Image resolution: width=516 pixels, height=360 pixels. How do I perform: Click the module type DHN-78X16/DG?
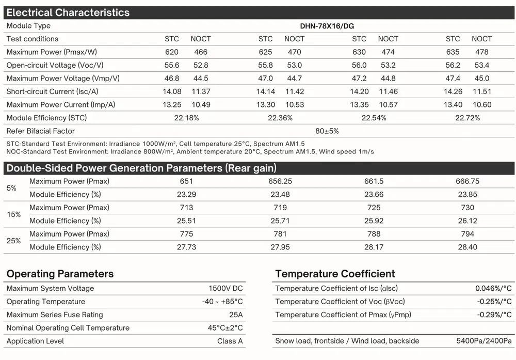[327, 26]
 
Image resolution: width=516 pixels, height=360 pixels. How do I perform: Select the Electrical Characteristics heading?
[68, 12]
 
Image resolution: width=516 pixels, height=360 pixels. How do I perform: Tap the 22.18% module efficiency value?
[186, 118]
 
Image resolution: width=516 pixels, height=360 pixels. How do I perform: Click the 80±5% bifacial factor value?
[327, 131]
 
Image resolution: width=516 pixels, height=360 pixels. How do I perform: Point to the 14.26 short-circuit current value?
[453, 91]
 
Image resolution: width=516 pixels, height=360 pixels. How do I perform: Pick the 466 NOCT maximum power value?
[201, 52]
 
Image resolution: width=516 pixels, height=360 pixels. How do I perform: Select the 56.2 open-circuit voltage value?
[453, 65]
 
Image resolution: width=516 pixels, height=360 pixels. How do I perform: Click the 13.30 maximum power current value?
[265, 105]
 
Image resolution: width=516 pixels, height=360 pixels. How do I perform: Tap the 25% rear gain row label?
[14, 241]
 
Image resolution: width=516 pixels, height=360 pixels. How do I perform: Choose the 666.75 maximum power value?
[467, 181]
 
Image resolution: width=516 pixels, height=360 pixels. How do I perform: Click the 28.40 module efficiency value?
[467, 247]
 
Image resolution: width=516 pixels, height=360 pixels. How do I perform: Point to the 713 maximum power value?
[186, 208]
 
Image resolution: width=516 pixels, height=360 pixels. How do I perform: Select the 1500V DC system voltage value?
[225, 289]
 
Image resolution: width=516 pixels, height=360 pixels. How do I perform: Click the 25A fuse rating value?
[236, 315]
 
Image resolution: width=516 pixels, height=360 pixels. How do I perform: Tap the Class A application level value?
[230, 341]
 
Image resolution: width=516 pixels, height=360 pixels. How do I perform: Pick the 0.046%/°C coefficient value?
[493, 289]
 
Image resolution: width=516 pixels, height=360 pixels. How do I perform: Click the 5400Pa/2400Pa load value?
[484, 341]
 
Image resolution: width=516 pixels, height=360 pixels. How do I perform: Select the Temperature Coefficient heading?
[335, 274]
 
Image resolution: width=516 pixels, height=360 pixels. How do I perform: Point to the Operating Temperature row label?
[46, 302]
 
